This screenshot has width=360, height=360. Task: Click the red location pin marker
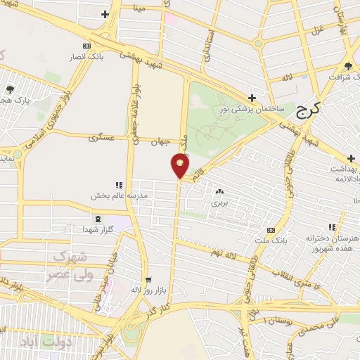point(180,166)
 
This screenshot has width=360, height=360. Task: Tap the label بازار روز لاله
point(147,289)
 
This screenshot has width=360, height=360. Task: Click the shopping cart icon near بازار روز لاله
point(148,279)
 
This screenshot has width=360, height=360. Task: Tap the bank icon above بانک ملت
point(271,231)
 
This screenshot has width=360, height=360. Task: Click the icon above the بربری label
point(219,191)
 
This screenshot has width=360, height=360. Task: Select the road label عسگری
point(102,138)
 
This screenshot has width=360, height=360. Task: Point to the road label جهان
point(161,141)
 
